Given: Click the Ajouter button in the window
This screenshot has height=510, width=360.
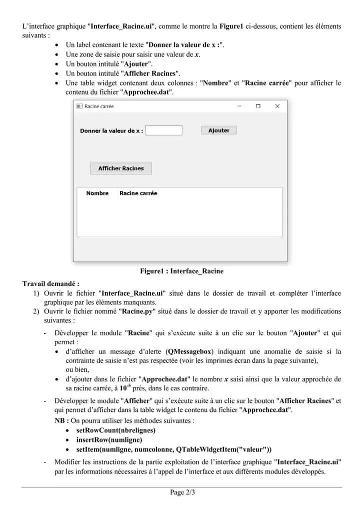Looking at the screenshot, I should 218,130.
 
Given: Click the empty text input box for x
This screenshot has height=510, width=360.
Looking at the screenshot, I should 164,130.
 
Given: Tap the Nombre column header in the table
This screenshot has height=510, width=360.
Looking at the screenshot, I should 97,193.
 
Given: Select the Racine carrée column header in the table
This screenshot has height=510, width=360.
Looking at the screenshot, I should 138,193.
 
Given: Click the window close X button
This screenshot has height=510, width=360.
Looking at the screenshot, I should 277,106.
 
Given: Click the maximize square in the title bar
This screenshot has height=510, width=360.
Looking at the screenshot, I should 258,106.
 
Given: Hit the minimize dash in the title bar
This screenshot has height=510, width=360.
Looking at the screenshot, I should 239,106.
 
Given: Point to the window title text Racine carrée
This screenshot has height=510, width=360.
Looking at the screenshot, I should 99,107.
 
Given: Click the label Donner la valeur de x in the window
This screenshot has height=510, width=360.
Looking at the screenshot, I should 111,131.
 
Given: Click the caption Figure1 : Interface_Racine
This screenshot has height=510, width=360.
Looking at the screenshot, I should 181,271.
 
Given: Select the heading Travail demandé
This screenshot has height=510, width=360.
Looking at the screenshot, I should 50,283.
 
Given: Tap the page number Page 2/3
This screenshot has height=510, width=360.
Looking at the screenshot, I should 182,492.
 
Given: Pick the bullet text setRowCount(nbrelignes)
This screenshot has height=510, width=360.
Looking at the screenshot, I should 115,430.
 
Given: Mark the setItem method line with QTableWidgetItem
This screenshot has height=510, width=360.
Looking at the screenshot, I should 173,449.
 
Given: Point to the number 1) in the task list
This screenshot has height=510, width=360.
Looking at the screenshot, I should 36,293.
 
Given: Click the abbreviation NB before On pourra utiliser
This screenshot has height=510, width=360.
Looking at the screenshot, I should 60,420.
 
